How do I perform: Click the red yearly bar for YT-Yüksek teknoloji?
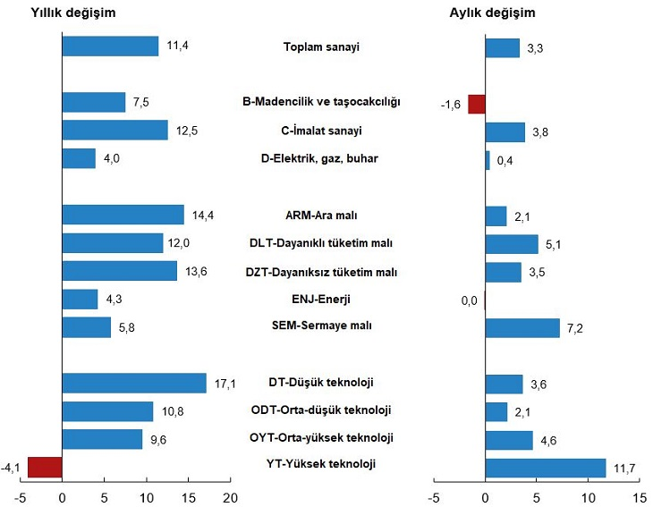click(x=45, y=467)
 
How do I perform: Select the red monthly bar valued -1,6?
click(x=477, y=104)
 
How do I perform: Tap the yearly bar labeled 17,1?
click(x=134, y=384)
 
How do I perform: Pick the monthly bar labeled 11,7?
click(x=546, y=467)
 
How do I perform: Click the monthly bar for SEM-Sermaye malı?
click(x=522, y=327)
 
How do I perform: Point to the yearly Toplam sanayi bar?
click(x=110, y=46)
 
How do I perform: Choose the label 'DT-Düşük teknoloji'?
click(x=320, y=383)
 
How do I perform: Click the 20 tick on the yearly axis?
click(x=230, y=496)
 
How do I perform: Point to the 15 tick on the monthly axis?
click(x=640, y=496)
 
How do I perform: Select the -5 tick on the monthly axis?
click(x=433, y=496)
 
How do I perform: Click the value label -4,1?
click(x=13, y=467)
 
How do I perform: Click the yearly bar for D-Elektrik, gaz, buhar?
click(x=79, y=158)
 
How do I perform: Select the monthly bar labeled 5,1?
click(x=512, y=243)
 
